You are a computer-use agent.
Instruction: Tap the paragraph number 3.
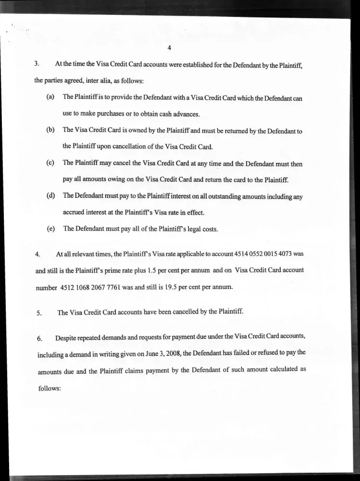(x=37, y=64)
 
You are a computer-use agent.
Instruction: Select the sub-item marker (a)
(x=50, y=97)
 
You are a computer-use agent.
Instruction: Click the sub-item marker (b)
(x=50, y=130)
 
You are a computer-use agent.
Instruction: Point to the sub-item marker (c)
(x=50, y=163)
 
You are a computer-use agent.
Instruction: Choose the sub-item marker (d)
(x=50, y=196)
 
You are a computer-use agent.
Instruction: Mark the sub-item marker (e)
(x=50, y=229)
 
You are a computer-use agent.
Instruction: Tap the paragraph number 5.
(x=38, y=313)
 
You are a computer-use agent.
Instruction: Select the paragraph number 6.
(x=39, y=339)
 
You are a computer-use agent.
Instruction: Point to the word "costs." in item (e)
(x=209, y=229)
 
